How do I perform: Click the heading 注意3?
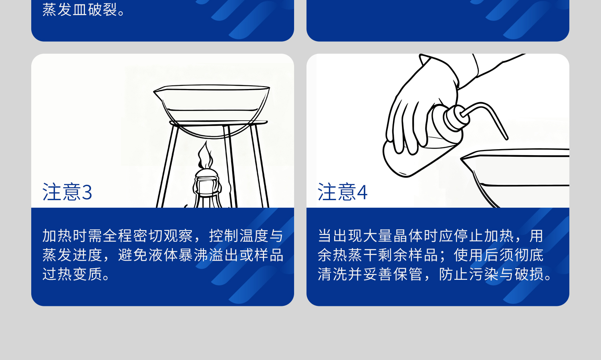click(67, 192)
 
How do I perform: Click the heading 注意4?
click(343, 192)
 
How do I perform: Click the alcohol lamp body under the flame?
click(207, 188)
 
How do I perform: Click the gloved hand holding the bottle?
click(417, 100)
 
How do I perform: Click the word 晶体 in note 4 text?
click(408, 236)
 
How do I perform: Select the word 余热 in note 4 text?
click(333, 255)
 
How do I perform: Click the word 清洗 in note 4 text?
click(333, 274)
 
